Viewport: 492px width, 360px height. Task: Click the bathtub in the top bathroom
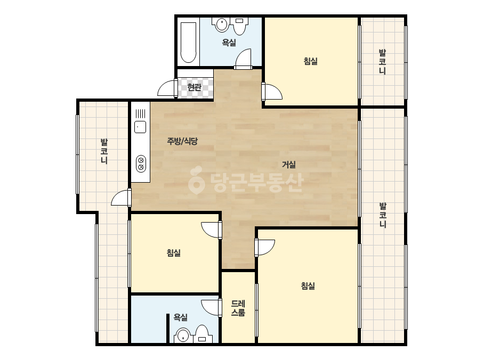point(189,42)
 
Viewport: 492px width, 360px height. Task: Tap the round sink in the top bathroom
point(222,24)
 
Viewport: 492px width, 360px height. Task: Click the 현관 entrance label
point(194,87)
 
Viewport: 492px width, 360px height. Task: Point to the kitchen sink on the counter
point(140,127)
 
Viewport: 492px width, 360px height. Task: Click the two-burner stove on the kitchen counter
point(141,163)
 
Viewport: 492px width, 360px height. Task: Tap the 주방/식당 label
point(182,141)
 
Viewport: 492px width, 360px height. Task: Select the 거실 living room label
point(289,165)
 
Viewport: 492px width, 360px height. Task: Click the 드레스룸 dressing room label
point(238,308)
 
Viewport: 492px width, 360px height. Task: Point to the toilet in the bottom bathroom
point(202,334)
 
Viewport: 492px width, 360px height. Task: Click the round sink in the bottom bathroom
point(182,336)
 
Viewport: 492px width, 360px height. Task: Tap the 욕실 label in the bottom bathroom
point(180,317)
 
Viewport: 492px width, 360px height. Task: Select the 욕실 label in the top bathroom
point(229,42)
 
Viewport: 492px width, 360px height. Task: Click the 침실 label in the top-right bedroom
point(311,61)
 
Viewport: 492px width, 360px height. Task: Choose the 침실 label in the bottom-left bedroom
point(174,253)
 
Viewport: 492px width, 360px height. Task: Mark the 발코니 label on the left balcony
point(104,151)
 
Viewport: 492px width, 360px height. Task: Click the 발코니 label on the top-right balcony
point(382,62)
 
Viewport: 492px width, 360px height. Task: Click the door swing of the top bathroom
point(244,59)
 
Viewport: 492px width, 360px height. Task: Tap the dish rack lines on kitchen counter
point(140,113)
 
